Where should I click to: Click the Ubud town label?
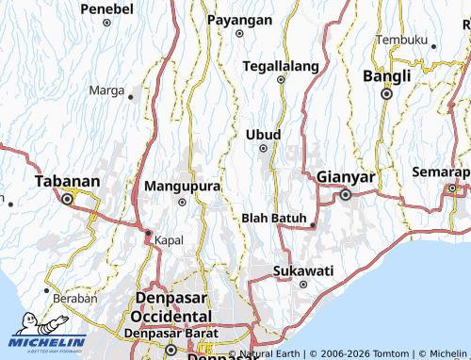tap(263, 135)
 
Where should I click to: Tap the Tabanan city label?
tap(67, 182)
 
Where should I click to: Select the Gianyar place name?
tap(346, 177)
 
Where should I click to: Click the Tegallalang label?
tap(280, 66)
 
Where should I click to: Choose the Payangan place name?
tap(239, 20)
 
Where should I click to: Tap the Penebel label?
tap(106, 8)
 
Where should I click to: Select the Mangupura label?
tap(182, 186)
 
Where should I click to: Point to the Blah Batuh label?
tap(275, 219)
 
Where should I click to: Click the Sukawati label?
tap(302, 270)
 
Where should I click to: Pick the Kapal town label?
tap(170, 238)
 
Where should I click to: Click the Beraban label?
tap(75, 298)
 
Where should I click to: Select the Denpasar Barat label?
tap(173, 333)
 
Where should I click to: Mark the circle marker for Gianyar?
tap(346, 194)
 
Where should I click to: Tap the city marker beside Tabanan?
tap(67, 199)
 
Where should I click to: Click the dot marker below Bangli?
tap(386, 94)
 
